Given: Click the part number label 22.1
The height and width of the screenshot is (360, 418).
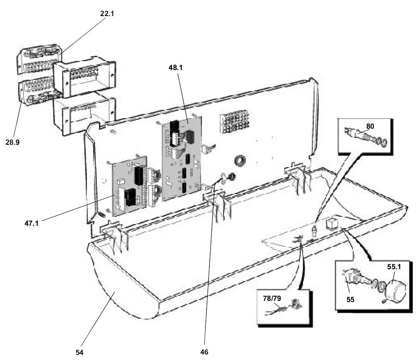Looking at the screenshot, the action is pyautogui.click(x=107, y=14).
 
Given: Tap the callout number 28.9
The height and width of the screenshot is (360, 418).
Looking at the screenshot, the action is pyautogui.click(x=13, y=142).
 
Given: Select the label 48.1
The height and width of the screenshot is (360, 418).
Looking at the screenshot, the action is pyautogui.click(x=175, y=68).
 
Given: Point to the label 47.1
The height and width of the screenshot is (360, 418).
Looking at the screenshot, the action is pyautogui.click(x=31, y=223).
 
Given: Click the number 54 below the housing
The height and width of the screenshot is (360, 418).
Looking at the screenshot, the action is pyautogui.click(x=79, y=352).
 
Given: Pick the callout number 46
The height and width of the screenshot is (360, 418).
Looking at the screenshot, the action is pyautogui.click(x=204, y=352).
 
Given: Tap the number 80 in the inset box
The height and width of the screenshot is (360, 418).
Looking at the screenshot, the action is pyautogui.click(x=370, y=126).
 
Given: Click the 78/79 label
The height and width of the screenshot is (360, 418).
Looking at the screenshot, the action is pyautogui.click(x=272, y=299).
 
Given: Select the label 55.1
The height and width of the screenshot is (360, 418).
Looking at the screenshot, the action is pyautogui.click(x=394, y=266).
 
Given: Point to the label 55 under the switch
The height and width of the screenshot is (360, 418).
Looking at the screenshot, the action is pyautogui.click(x=350, y=299).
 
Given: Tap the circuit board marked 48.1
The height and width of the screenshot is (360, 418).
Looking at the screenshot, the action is pyautogui.click(x=182, y=158).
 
